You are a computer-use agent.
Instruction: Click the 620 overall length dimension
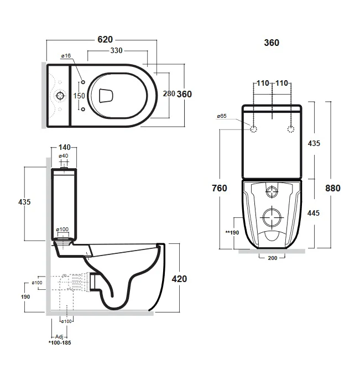(105, 39)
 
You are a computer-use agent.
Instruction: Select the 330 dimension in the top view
(117, 51)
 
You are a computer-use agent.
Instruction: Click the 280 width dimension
(168, 93)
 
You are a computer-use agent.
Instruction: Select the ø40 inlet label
(63, 156)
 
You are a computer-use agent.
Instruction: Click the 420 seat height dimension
(179, 278)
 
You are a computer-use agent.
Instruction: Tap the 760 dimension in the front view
(220, 188)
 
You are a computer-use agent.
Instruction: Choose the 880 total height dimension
(332, 188)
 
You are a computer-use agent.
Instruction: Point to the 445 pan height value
(314, 213)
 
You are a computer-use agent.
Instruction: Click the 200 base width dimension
(272, 258)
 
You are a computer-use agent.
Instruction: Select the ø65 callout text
(222, 116)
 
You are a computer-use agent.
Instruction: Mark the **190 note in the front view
(231, 232)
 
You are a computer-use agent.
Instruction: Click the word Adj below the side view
(59, 336)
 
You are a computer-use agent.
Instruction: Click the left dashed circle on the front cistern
(254, 129)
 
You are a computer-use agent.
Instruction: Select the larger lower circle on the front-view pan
(272, 218)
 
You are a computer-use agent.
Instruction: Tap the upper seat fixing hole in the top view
(83, 82)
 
